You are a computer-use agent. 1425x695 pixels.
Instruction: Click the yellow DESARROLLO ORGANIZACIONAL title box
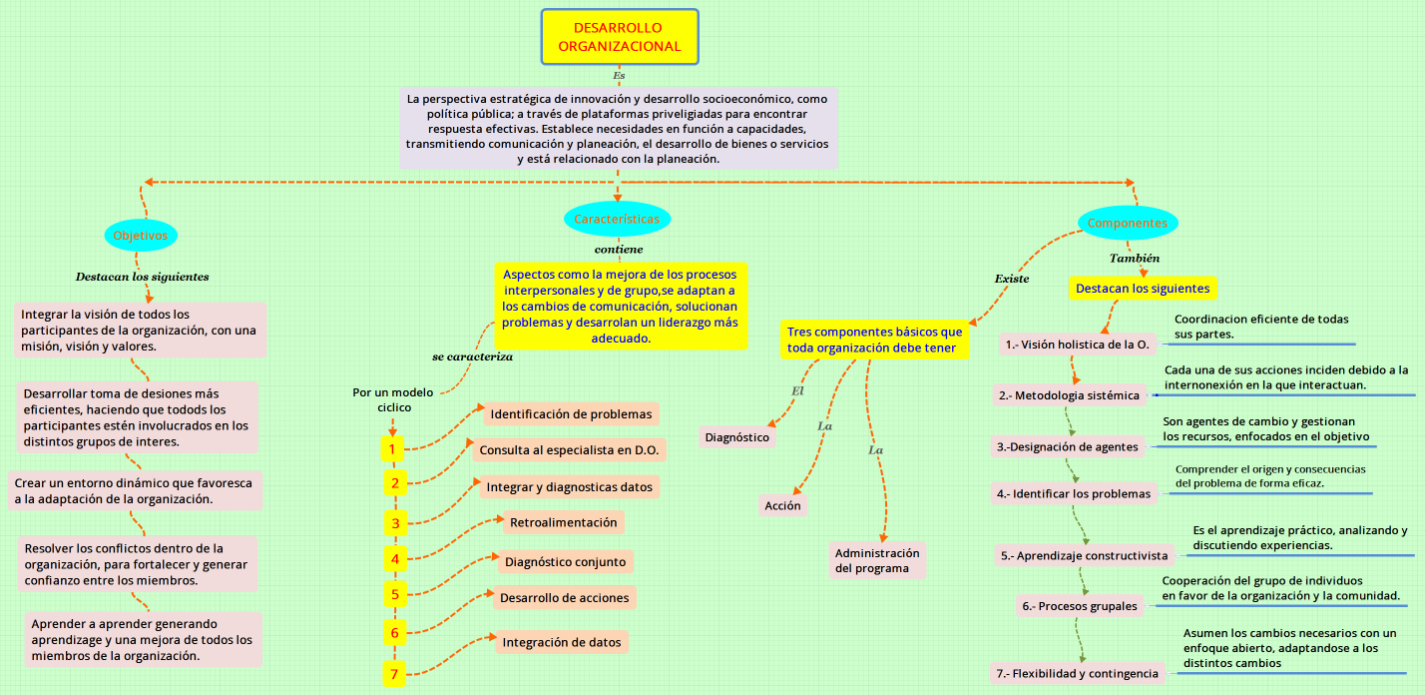(x=620, y=37)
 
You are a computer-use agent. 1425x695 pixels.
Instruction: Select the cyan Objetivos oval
(x=141, y=236)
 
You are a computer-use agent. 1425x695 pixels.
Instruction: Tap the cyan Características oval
(x=617, y=219)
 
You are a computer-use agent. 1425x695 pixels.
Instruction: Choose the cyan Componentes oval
(x=1128, y=224)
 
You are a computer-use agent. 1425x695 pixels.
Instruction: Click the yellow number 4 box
(x=394, y=559)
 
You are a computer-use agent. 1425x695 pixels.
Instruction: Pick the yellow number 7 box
(x=394, y=674)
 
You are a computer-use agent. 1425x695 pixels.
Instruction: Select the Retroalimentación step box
(x=563, y=522)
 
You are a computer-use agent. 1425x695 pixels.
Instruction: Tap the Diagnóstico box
(x=737, y=437)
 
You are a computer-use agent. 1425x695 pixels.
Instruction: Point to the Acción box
(x=782, y=506)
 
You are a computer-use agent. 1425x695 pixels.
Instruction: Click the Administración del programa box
(x=877, y=560)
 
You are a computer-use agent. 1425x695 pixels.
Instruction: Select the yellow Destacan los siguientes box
(x=1143, y=289)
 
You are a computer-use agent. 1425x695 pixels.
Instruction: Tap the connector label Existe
(x=1011, y=279)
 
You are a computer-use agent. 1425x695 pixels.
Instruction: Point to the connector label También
(x=1135, y=258)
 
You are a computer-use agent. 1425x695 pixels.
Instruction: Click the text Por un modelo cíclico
(x=393, y=399)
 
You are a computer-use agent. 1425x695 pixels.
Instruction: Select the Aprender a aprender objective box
(x=142, y=640)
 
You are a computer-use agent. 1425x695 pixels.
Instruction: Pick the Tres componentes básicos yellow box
(x=874, y=340)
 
